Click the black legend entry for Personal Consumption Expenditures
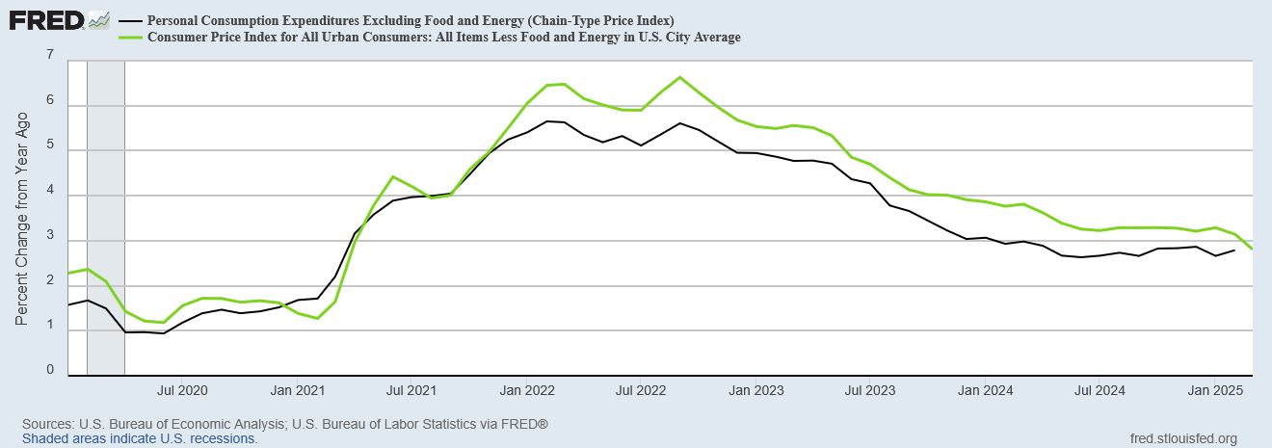point(410,20)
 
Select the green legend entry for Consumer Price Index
point(442,37)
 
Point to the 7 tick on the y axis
point(49,56)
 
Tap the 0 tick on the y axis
point(49,370)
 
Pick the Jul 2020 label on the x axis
point(182,391)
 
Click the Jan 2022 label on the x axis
point(526,391)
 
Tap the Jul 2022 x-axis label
point(640,391)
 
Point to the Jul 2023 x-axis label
point(870,391)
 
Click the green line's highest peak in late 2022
point(679,77)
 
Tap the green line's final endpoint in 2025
point(1252,249)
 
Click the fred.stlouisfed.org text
point(1182,438)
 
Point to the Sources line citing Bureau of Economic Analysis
point(285,424)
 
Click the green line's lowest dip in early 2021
point(317,318)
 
